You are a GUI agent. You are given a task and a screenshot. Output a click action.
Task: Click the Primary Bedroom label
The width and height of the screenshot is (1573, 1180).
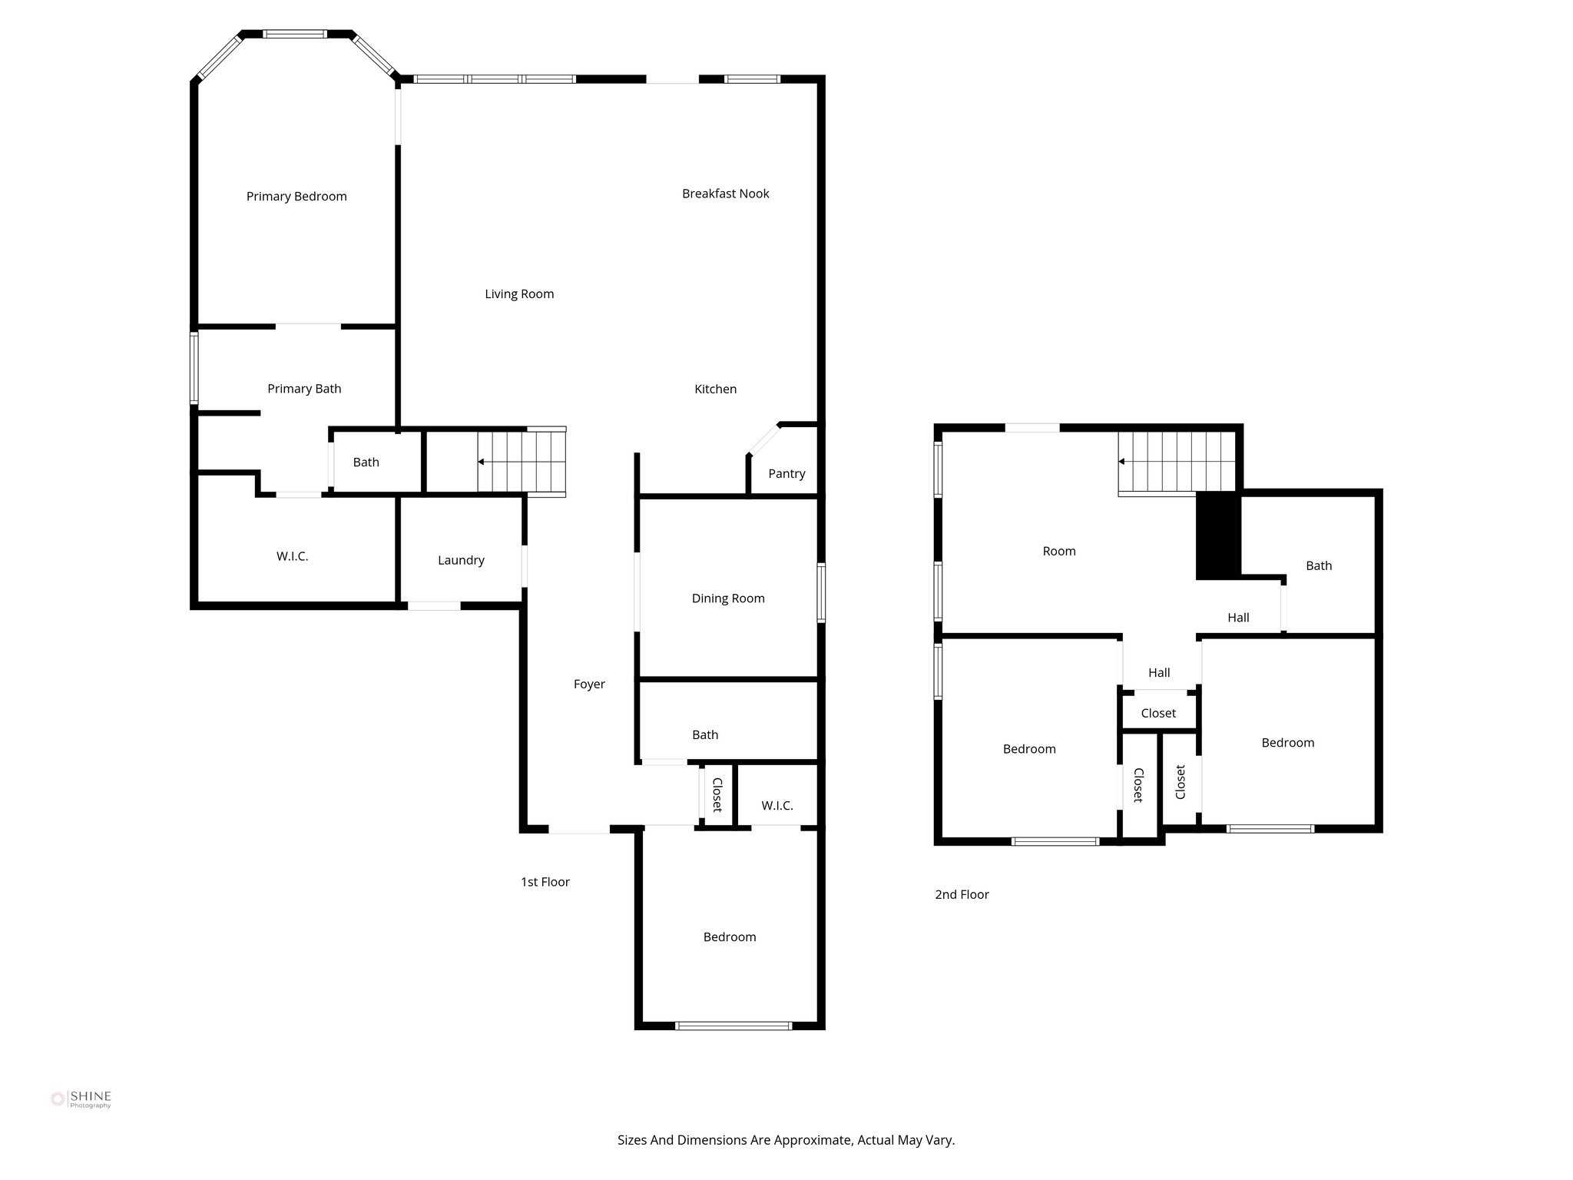coord(296,197)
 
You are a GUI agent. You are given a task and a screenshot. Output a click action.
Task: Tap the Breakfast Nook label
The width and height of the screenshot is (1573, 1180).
coord(725,194)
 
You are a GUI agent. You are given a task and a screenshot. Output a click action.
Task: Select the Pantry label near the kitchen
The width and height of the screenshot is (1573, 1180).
coord(786,473)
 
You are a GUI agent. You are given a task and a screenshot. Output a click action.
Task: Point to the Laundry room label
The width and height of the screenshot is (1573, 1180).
coord(461,560)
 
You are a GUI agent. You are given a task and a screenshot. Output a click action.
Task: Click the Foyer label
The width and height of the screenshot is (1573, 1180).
coord(589,684)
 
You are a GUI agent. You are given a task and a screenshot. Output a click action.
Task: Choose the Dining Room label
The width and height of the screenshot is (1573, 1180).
coord(728,598)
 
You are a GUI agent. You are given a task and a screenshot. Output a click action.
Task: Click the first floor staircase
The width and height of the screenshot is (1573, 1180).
coord(521,462)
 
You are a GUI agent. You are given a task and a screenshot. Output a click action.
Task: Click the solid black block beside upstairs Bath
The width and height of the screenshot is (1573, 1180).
coord(1218,535)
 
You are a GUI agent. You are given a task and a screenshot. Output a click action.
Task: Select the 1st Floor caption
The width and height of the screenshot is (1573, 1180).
coord(545,882)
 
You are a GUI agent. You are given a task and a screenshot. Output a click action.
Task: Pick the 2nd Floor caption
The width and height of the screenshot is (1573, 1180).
coord(962,894)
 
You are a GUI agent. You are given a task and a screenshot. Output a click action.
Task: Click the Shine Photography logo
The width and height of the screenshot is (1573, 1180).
coord(81,1099)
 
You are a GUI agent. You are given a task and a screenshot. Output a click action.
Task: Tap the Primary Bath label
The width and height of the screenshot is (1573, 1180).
coord(304,389)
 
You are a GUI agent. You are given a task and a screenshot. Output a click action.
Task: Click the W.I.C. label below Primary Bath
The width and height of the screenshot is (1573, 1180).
coord(293,556)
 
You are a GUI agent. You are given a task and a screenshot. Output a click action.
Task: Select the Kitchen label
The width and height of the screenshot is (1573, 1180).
coord(715,389)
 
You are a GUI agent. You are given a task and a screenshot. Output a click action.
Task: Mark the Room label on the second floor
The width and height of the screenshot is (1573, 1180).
coord(1058,551)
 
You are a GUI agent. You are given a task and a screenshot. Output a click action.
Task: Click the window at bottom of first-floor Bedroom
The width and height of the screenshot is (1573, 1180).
coord(733,1025)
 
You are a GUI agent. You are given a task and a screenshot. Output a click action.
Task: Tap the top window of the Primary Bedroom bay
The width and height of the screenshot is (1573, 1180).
coord(295,34)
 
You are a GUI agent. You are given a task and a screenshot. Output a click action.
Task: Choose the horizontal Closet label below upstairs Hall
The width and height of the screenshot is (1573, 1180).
coord(1158,713)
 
